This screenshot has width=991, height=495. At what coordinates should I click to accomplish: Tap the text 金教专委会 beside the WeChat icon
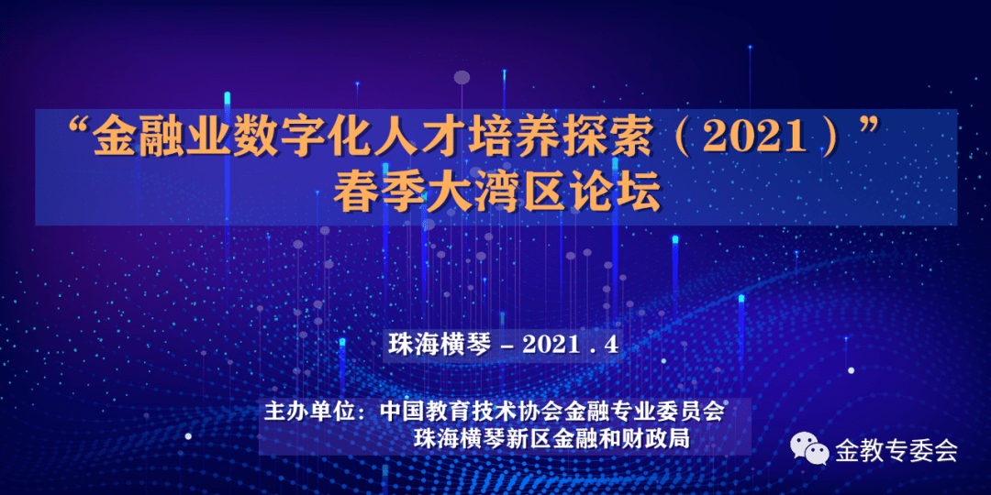tap(896, 450)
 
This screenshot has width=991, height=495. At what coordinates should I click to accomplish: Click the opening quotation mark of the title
tap(78, 129)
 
